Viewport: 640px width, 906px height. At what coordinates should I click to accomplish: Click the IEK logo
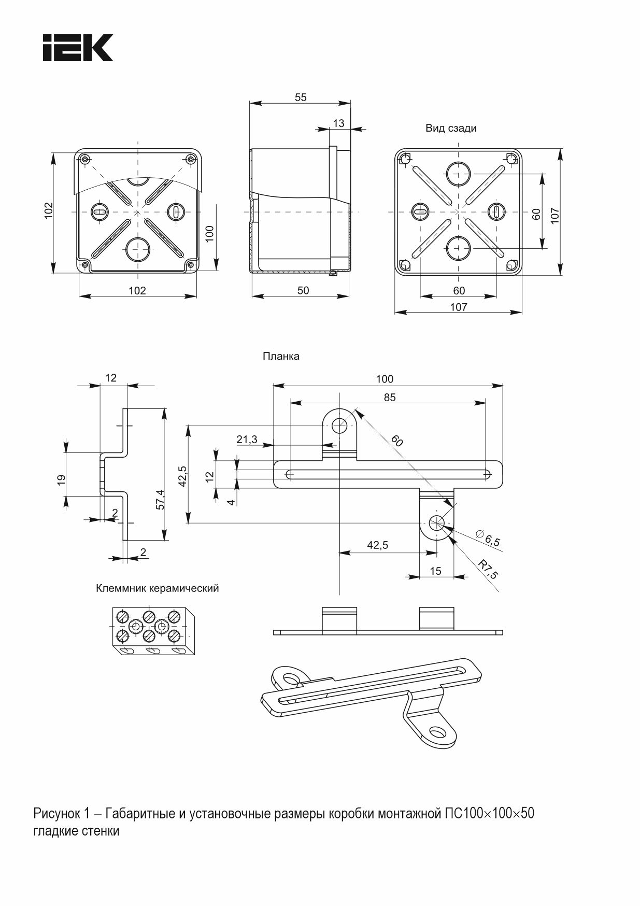click(78, 48)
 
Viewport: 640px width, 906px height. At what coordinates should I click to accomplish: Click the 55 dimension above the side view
click(301, 97)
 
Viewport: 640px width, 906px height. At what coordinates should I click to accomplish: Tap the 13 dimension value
click(338, 123)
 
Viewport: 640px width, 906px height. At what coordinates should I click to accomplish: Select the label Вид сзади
click(451, 128)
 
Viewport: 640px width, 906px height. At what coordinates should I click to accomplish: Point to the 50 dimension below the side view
click(303, 290)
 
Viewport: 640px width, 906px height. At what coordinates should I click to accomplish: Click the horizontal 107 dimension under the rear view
click(459, 307)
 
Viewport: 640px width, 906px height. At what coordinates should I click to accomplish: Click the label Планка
click(281, 356)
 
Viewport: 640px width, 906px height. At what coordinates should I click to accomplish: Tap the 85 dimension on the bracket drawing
click(390, 397)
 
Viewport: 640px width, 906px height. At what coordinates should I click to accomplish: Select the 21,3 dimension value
click(247, 440)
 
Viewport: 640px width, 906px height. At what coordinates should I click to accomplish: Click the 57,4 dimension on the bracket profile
click(160, 500)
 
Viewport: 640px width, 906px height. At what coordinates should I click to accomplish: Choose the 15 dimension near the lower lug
click(436, 571)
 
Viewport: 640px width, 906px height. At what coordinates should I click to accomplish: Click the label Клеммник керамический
click(158, 588)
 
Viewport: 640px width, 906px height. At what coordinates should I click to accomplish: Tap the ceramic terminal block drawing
click(153, 630)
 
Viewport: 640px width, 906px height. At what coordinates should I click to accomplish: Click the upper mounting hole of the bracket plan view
click(339, 426)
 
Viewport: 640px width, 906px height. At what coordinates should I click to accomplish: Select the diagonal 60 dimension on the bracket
click(397, 441)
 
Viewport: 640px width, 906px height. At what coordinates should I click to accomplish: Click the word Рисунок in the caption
click(55, 813)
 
